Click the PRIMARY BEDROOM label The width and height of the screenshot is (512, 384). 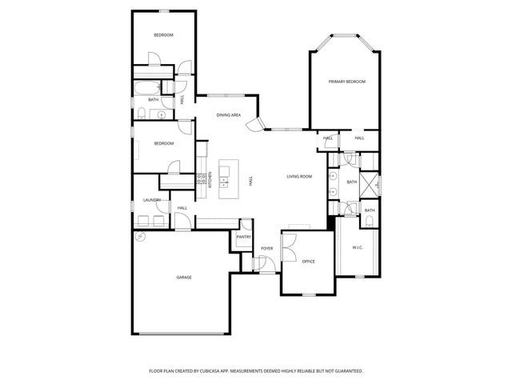pos(346,82)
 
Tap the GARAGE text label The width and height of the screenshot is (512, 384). pos(184,277)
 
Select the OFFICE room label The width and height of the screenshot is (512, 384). pos(308,262)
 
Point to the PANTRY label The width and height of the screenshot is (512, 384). pos(244,237)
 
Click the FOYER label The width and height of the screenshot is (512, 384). pos(266,248)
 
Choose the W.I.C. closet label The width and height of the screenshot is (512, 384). pos(358,247)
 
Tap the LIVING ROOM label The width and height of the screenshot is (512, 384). pos(299,176)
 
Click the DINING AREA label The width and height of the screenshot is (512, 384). pos(229,115)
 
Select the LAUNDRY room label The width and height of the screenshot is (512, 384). pos(152,200)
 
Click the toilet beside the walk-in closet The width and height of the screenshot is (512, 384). pos(369,224)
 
